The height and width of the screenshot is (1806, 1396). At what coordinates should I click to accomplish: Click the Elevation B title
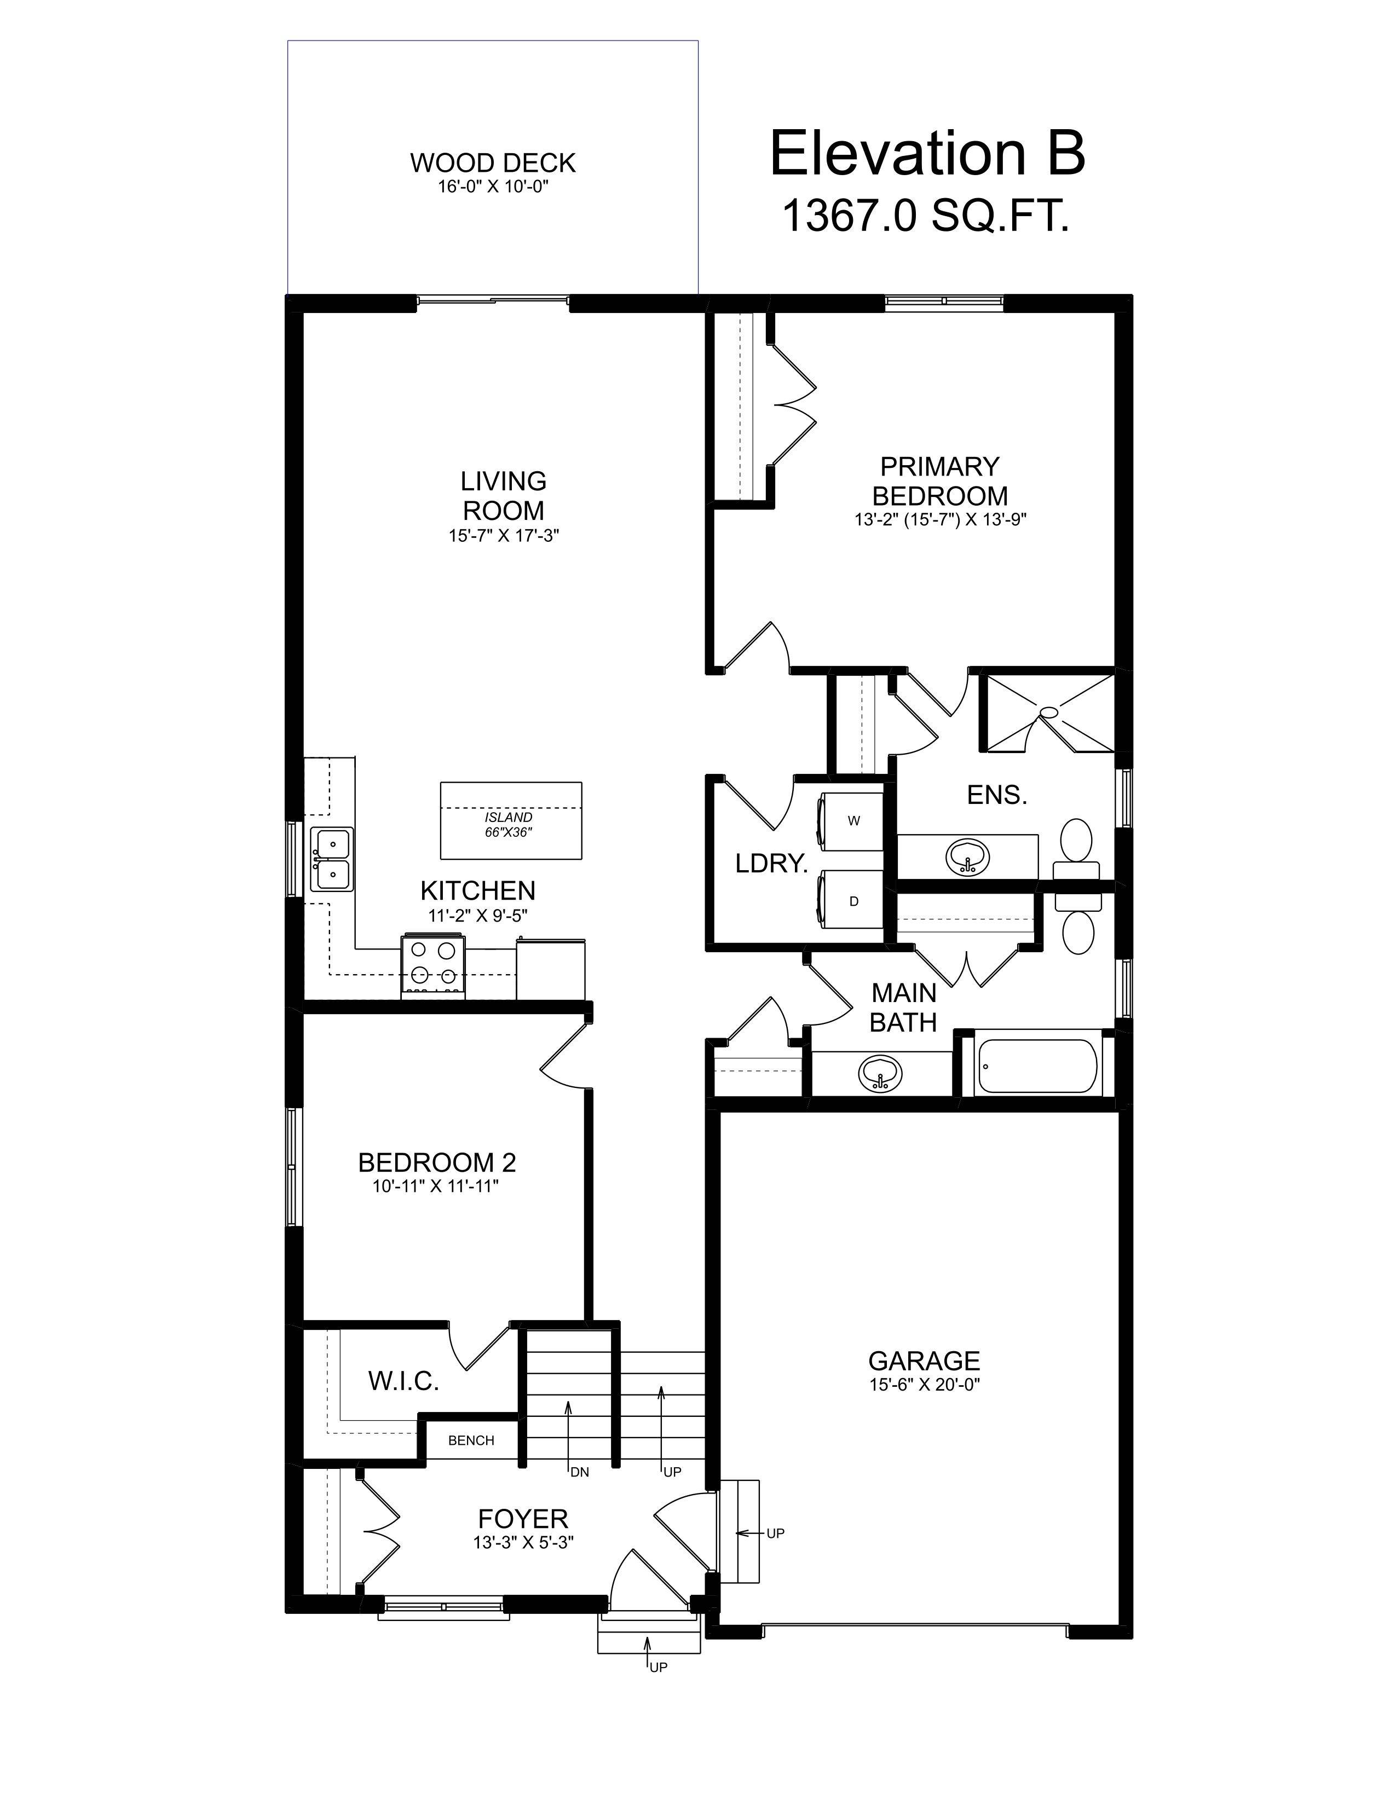[x=926, y=154]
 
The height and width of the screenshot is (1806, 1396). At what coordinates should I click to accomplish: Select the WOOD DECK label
[x=493, y=163]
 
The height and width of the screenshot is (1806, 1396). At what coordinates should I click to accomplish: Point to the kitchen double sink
[x=332, y=859]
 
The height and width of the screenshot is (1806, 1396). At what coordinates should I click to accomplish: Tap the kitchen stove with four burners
[x=434, y=963]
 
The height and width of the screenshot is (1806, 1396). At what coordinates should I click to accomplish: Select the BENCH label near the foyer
[x=471, y=1440]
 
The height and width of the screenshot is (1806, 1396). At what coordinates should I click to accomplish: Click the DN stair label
[x=579, y=1472]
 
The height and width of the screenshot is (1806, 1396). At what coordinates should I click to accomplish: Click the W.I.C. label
[x=403, y=1380]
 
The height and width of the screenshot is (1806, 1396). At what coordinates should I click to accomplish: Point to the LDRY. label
[x=771, y=864]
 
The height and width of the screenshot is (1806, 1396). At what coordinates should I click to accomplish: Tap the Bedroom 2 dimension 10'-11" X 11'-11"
[x=436, y=1186]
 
